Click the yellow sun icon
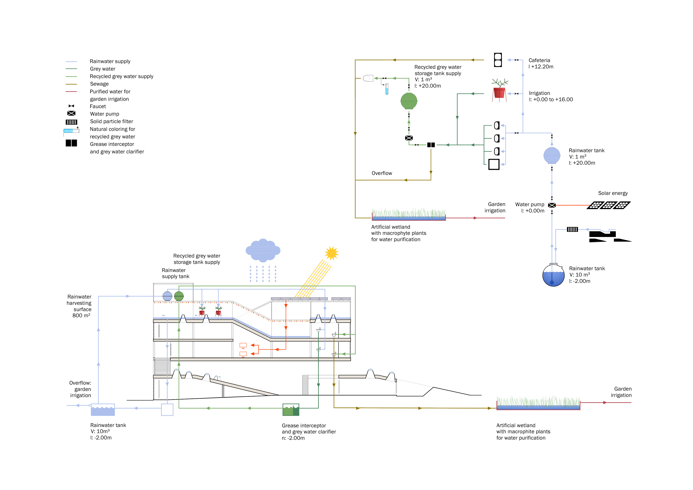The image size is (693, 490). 331,253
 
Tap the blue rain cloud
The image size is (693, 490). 263,250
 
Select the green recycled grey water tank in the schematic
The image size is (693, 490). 409,101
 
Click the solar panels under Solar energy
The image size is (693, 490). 608,205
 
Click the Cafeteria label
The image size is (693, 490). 539,60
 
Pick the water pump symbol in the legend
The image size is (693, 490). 71,113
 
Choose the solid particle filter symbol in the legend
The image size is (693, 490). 71,122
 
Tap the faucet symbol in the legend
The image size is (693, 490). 71,106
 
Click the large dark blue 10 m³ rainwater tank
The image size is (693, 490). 553,275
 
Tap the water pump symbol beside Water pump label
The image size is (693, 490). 552,205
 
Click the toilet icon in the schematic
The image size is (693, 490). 368,78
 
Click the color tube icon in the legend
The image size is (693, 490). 72,131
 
